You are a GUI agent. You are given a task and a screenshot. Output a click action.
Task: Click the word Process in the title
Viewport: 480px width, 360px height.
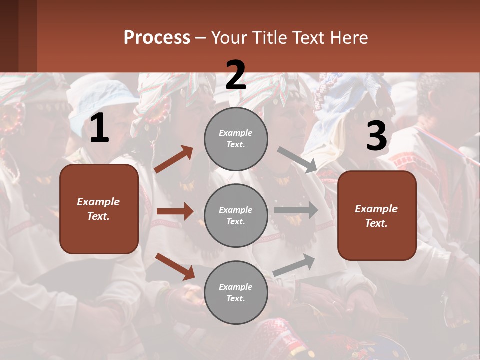point(157,38)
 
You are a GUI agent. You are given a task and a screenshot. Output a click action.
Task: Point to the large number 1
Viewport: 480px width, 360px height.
point(99,129)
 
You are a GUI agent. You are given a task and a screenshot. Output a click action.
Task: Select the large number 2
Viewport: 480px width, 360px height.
point(236,75)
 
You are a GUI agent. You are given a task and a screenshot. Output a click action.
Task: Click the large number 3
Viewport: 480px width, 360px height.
point(376,136)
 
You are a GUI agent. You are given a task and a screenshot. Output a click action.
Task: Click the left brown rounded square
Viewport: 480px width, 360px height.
point(99,209)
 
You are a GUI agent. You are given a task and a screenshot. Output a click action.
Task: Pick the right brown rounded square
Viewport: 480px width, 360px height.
point(377,215)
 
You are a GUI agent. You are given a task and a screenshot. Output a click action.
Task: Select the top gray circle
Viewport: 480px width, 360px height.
point(236,139)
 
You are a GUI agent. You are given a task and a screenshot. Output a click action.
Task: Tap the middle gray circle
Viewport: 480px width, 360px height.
point(236,215)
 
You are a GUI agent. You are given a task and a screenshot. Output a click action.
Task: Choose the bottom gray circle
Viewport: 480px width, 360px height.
point(236,292)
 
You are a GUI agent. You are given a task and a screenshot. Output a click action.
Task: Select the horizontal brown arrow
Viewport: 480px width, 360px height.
point(175,211)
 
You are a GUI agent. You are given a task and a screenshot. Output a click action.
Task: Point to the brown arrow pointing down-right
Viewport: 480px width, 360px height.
point(175,266)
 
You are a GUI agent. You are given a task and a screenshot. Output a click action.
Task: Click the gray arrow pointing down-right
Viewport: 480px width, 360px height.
point(297,160)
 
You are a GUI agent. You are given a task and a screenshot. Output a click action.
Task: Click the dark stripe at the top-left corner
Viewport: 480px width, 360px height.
point(18,36)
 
